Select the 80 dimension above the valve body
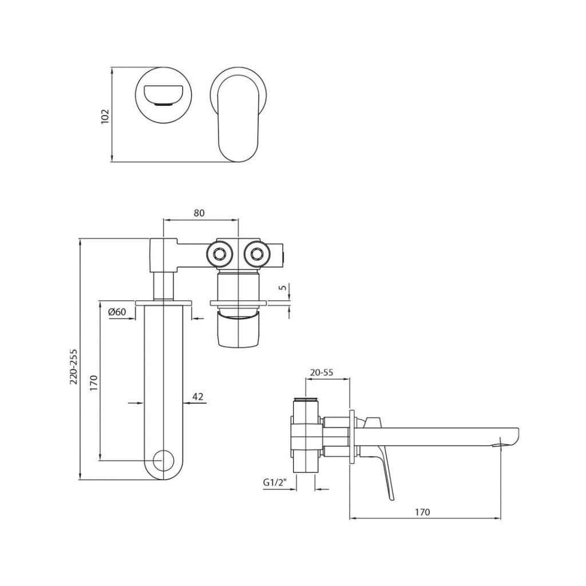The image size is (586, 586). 199,213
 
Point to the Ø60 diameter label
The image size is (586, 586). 117,312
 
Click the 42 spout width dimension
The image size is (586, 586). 198,396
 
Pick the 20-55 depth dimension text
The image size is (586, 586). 321,372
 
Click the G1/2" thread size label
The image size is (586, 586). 275,482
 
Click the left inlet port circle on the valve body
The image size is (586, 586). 219,252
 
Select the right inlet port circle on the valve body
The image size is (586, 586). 257,252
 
